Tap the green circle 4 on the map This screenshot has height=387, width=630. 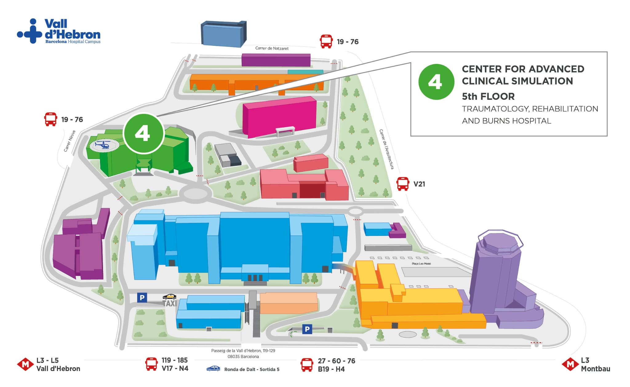pos(143,133)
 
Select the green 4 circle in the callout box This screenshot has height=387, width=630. pos(436,82)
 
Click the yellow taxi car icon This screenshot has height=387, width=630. pos(169,296)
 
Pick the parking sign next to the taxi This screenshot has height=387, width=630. pos(142,297)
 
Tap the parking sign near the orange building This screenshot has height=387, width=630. pos(307,329)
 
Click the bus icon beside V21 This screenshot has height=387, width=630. pos(403,184)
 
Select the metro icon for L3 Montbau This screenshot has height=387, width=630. pos(570,364)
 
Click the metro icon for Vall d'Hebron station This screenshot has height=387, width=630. pos(25,364)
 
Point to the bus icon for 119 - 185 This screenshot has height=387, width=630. pos(151,364)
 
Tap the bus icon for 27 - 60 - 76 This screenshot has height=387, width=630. pos(307,365)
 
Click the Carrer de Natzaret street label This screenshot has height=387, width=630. pos(272,48)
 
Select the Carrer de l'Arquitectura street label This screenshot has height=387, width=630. pos(386,149)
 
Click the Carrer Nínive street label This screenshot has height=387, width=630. pos(70,141)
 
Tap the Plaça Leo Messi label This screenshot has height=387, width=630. pos(421,264)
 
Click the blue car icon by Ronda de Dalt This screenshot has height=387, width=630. pos(213,369)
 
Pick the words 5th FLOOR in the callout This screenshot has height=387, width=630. pos(488,96)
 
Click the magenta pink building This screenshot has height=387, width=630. pos(279,117)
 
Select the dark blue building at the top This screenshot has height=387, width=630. pos(224,34)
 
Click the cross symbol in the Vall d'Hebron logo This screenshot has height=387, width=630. pos(33,31)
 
